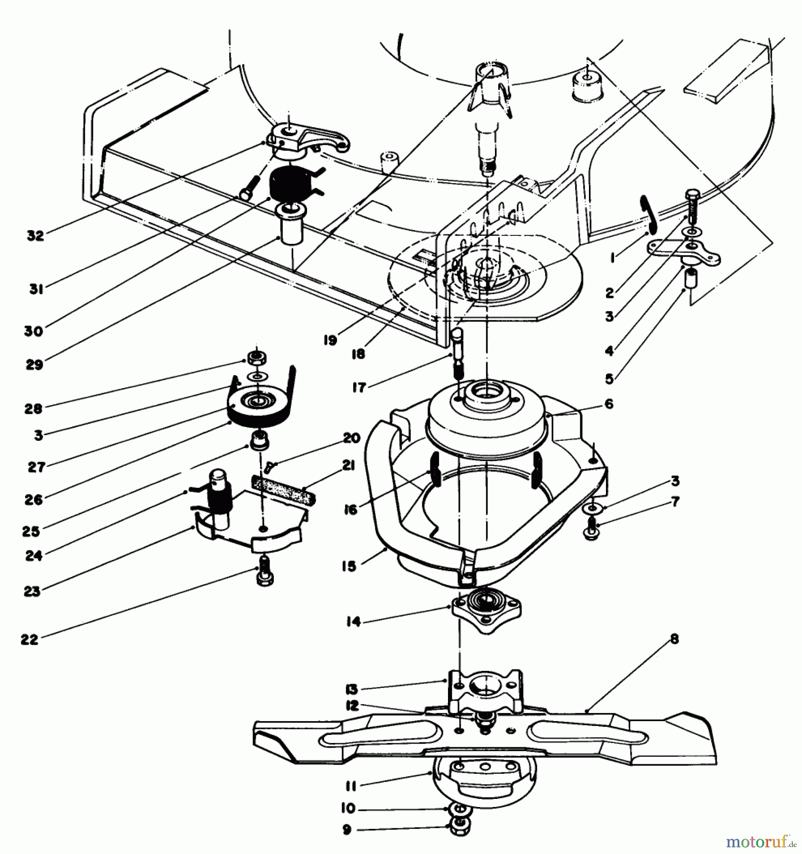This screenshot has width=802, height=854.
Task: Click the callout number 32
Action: tap(35, 236)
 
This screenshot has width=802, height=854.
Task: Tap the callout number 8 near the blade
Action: tap(674, 639)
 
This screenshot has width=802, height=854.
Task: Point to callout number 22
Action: tap(29, 639)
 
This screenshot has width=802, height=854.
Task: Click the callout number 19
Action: tap(330, 340)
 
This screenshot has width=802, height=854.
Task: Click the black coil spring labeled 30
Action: tap(287, 187)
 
